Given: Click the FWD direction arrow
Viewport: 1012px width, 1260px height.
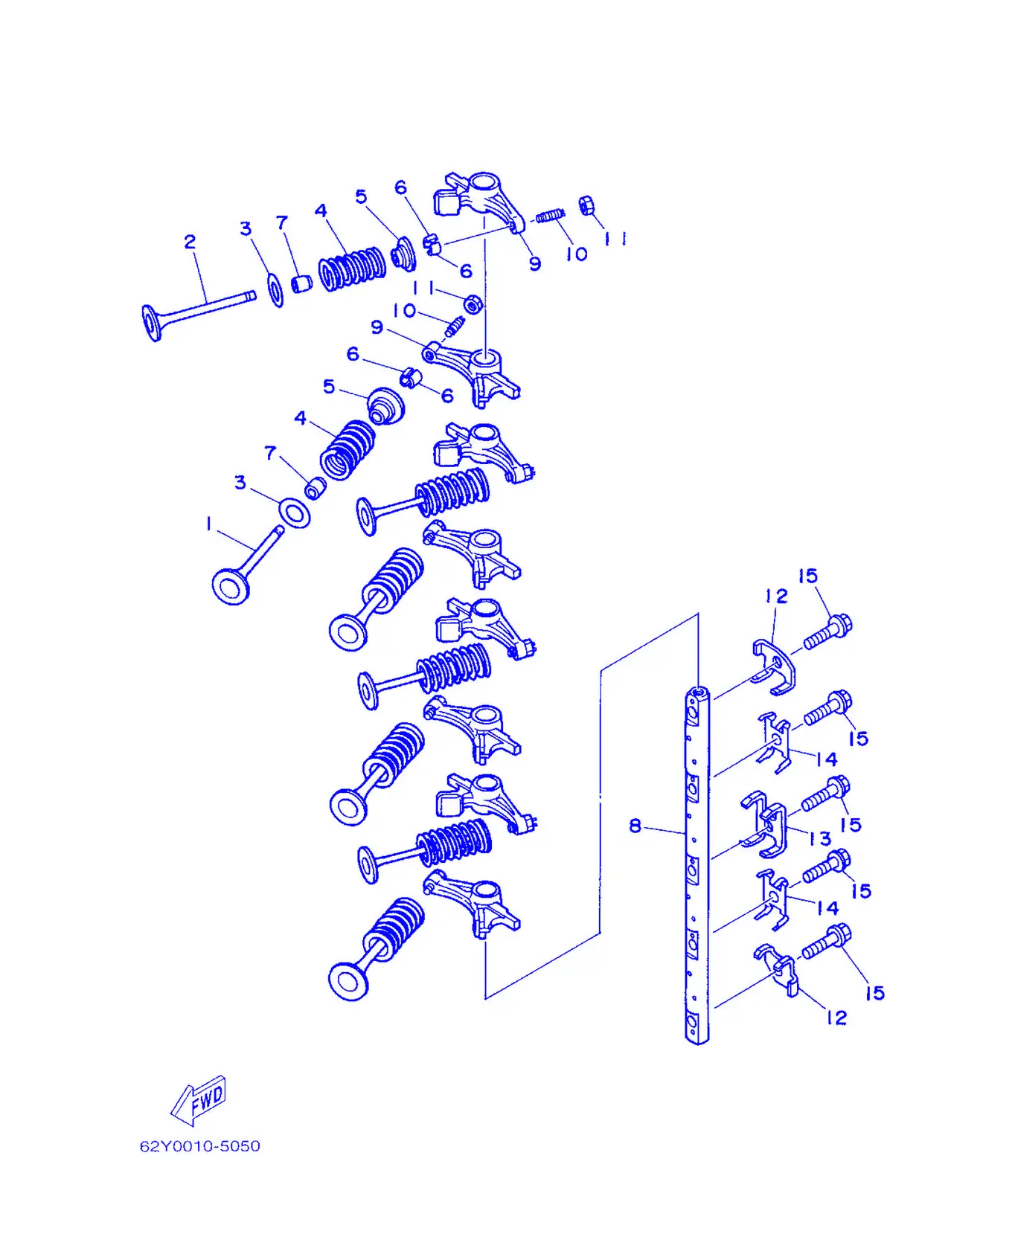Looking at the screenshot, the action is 199,1100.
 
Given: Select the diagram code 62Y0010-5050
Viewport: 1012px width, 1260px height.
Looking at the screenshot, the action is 200,1146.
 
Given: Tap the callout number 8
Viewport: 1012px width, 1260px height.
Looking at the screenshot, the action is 635,826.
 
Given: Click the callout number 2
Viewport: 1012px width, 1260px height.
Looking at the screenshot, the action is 190,242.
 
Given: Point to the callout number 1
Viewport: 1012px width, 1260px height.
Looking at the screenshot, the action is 209,524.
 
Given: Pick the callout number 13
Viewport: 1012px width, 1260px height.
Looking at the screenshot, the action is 820,838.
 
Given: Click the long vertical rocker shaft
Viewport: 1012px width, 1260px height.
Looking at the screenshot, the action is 696,866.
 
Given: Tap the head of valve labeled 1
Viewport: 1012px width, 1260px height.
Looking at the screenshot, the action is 231,586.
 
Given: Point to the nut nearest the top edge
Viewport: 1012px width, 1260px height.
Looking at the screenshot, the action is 586,204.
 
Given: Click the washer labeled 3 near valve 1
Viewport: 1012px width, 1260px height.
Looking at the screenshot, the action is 295,513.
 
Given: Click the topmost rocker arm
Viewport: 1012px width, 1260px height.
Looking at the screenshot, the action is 479,199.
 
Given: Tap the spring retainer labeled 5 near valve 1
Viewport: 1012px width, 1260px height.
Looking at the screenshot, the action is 385,405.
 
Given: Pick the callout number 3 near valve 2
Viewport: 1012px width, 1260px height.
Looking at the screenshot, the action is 246,228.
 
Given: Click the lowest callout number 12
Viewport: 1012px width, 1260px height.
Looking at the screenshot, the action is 837,1018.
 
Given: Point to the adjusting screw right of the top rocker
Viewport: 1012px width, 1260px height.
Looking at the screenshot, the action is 551,216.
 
